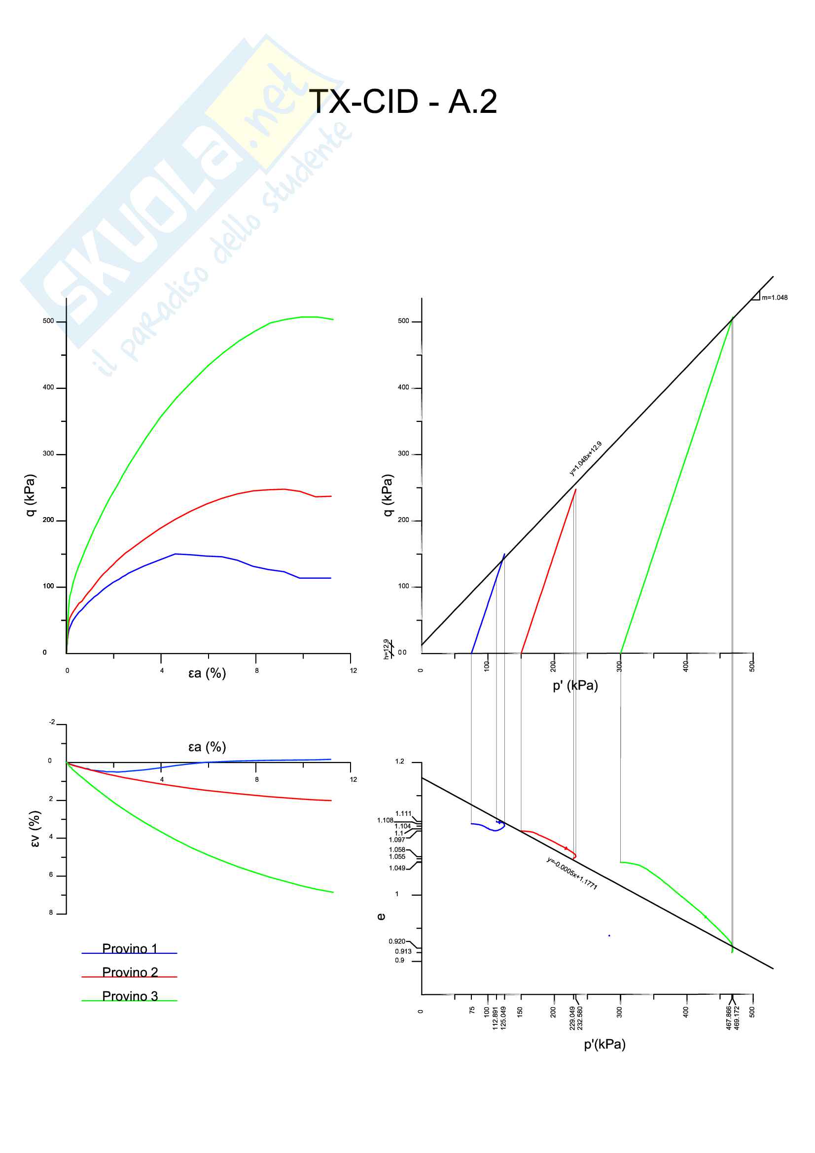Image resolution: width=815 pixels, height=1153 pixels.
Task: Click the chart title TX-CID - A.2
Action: (x=403, y=102)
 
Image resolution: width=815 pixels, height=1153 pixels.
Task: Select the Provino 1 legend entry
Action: (x=130, y=948)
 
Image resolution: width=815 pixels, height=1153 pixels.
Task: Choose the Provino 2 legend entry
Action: (x=130, y=972)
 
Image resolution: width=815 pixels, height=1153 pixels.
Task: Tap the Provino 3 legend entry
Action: (x=130, y=996)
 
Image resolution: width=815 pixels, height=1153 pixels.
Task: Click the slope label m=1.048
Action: (x=775, y=298)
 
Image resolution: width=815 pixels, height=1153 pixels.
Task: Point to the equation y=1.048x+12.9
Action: (x=586, y=458)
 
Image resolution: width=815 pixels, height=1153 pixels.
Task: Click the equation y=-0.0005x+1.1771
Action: (x=572, y=873)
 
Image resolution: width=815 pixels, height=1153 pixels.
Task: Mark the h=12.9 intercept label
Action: (x=386, y=649)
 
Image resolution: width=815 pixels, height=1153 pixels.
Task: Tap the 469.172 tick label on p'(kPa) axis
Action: (x=737, y=1018)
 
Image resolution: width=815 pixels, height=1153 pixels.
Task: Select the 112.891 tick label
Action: (x=495, y=1018)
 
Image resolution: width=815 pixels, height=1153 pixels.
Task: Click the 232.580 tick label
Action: (x=580, y=1018)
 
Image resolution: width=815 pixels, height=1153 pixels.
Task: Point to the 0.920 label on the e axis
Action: (x=397, y=941)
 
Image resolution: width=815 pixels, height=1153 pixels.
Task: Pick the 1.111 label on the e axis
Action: (x=403, y=813)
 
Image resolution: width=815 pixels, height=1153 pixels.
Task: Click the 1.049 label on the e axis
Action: (x=397, y=868)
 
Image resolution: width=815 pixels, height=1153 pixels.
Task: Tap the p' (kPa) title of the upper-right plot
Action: (x=575, y=686)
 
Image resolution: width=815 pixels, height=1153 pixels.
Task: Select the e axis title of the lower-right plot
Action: (x=381, y=916)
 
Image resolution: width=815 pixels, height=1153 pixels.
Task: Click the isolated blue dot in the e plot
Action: (x=609, y=936)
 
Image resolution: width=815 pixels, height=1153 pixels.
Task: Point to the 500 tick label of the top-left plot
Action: (x=48, y=321)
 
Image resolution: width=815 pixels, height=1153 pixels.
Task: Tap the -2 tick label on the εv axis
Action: (x=52, y=722)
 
